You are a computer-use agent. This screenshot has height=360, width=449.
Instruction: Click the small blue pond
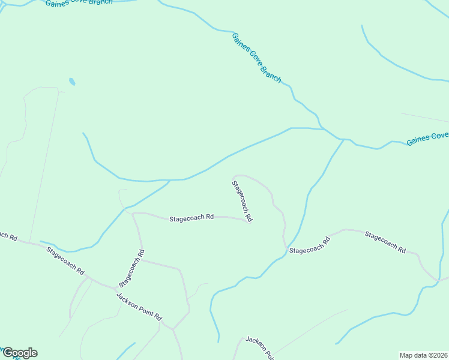[x=72, y=81]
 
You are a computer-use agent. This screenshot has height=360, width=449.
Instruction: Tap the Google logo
[x=20, y=353]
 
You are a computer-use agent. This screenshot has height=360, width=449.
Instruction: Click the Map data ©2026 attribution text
[x=423, y=355]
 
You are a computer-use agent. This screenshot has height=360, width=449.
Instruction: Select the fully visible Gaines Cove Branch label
[x=256, y=58]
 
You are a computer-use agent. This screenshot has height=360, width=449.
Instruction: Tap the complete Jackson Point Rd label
[x=139, y=307]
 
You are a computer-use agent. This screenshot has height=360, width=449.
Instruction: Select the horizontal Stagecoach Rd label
[x=191, y=218]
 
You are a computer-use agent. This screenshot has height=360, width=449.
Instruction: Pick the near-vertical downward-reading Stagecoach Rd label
[x=243, y=201]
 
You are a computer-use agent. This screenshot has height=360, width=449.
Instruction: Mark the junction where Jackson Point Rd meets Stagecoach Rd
[x=116, y=289]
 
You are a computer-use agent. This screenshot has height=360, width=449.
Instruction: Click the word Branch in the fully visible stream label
[x=271, y=73]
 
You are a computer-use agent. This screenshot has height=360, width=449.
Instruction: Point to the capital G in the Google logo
[x=8, y=352]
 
